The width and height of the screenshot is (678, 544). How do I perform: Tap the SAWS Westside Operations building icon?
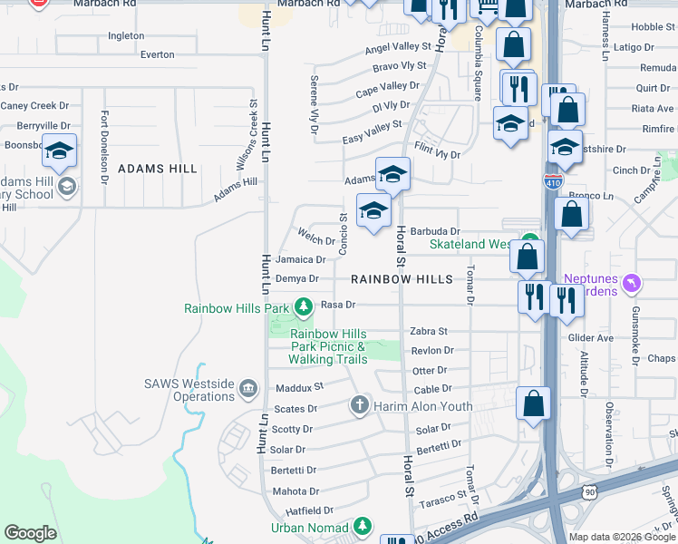point(247,390)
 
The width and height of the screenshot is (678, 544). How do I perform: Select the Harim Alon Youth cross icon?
point(360,405)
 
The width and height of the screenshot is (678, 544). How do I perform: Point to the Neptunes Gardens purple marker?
point(633,284)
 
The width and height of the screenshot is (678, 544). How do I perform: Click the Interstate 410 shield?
point(552,181)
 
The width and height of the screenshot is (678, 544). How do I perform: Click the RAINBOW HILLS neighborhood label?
point(402,279)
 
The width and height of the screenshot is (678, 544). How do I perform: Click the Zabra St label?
point(429,332)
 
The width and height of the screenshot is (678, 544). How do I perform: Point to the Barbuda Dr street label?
point(435,232)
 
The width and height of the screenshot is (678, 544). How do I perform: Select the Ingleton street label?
point(126,36)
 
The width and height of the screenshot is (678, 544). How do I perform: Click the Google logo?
point(30,533)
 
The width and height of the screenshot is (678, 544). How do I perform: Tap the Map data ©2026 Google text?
point(621,537)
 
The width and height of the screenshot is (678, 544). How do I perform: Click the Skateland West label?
point(471,245)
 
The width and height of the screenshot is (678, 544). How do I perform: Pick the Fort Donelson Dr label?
point(105,143)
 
